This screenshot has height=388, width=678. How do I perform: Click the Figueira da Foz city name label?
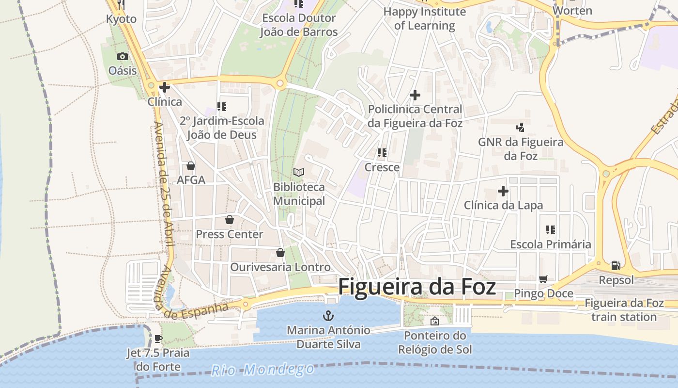click(x=416, y=287)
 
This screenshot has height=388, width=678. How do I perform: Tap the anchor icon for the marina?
click(x=328, y=316)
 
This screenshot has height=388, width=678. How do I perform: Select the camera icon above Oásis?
click(x=122, y=56)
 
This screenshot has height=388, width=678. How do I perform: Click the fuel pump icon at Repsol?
click(x=616, y=265)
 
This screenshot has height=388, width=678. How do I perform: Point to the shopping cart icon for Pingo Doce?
click(x=543, y=279)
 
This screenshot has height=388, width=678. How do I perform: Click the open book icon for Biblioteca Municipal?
click(x=299, y=172)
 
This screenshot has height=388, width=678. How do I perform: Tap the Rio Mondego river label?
click(x=262, y=370)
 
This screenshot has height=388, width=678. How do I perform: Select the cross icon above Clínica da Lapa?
click(x=503, y=191)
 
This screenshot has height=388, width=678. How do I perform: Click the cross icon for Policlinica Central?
click(x=415, y=95)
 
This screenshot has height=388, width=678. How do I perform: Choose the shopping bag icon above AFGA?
click(x=191, y=166)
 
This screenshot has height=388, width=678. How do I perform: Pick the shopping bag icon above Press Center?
click(x=230, y=220)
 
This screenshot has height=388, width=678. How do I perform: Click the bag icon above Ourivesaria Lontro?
click(x=280, y=253)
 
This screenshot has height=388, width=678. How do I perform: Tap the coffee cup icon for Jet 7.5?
click(x=158, y=339)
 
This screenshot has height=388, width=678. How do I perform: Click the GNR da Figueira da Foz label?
click(x=520, y=149)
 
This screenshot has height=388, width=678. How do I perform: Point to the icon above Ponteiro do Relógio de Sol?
click(x=435, y=321)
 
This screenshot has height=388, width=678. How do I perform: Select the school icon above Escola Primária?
click(x=550, y=230)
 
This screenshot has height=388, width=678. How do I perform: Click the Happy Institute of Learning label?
click(x=424, y=18)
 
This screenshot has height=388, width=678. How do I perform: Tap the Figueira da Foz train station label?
click(x=624, y=310)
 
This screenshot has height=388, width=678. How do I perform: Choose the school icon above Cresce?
click(x=382, y=153)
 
